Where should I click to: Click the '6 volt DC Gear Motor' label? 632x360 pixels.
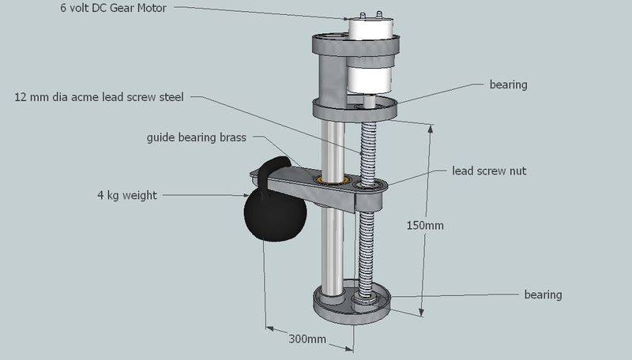coord(113,8)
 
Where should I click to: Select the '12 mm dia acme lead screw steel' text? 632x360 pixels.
coord(100,97)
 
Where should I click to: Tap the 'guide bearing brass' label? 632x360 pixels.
coord(196,137)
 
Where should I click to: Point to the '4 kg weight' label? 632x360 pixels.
coord(127,195)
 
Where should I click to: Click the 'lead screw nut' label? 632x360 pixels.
coord(489,171)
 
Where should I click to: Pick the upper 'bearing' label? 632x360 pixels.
coord(508,85)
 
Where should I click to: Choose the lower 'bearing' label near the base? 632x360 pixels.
coord(543,294)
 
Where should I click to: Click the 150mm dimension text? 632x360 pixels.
coord(425,226)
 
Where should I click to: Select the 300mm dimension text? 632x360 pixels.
coord(307,339)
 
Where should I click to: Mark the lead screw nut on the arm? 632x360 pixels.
coord(368,185)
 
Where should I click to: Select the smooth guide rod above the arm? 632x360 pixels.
coord(333,149)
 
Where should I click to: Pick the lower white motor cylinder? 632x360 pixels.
coord(369,79)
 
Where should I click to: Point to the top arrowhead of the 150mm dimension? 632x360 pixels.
coord(431,128)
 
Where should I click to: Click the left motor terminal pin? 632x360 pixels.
coord(363,16)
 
